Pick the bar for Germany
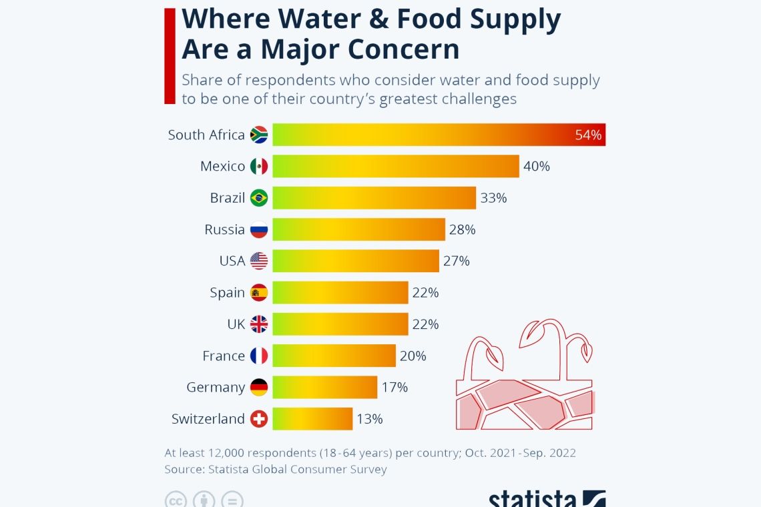324,388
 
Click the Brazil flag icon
259,198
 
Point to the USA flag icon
259,261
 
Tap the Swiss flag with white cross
259,419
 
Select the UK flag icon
259,324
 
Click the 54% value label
588,135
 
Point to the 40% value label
537,166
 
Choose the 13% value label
369,419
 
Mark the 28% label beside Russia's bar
462,229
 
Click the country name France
224,356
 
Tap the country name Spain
227,293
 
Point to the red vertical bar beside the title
170,56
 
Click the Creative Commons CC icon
175,500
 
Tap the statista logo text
533,500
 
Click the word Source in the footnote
185,470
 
